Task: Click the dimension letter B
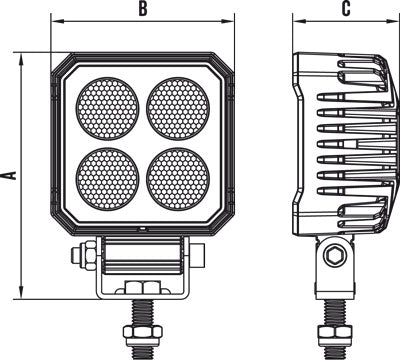pos(143,9)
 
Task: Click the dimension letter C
pos(345,9)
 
